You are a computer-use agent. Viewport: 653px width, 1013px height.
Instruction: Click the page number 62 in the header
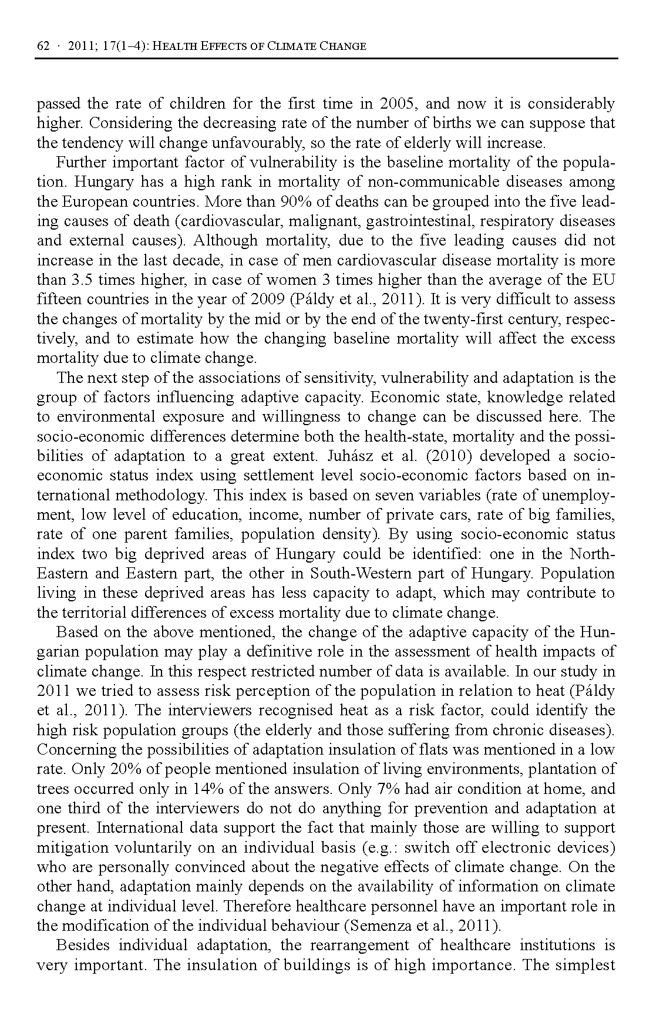point(42,46)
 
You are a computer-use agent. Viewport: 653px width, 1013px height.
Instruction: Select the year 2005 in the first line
point(398,104)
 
